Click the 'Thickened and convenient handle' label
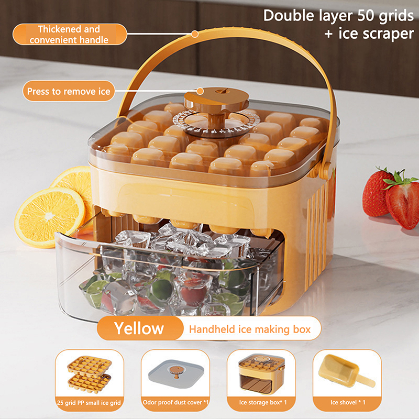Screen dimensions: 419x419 (70, 34)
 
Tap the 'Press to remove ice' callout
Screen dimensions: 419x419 (69, 91)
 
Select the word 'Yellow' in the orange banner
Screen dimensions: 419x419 (139, 328)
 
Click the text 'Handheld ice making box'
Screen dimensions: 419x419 (250, 329)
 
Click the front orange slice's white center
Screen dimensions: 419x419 (49, 215)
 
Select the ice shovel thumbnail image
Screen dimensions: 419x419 (347, 371)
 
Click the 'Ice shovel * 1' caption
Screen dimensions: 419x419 (348, 402)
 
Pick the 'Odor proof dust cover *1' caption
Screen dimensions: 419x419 (175, 402)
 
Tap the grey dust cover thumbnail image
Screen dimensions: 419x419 (176, 373)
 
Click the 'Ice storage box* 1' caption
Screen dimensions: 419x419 (263, 402)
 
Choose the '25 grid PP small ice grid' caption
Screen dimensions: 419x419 (89, 402)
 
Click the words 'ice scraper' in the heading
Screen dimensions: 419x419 (376, 34)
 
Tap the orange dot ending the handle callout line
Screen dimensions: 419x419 (195, 34)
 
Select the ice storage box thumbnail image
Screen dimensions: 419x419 (261, 374)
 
